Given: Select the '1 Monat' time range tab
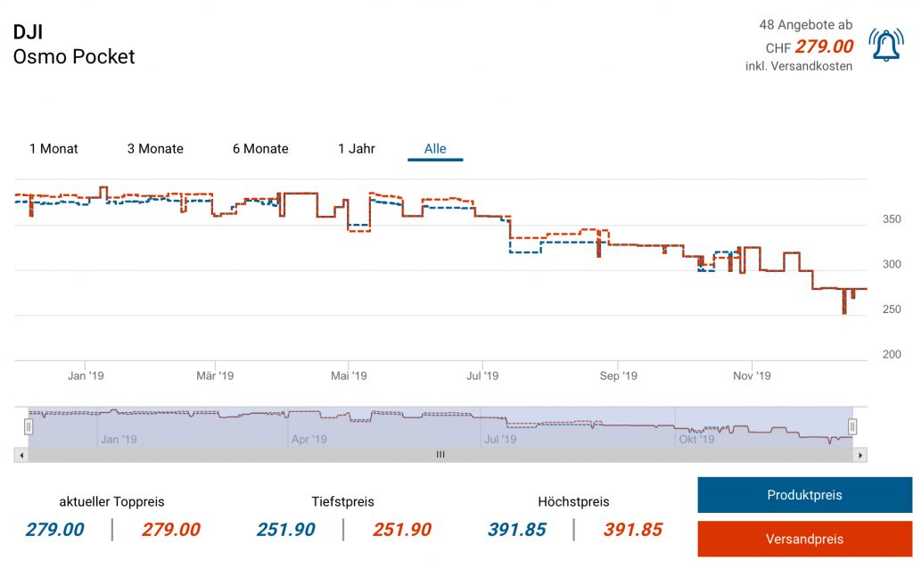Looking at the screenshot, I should point(53,149).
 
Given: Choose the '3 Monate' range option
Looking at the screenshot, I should point(155,149).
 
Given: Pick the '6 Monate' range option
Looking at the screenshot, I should point(260,149).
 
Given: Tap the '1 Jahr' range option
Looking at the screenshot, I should point(357,149).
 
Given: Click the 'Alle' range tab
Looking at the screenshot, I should point(435,149).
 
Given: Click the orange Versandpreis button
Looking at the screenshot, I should point(804,539).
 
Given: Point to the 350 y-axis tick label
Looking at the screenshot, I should point(891,219).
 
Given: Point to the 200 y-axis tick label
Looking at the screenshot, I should point(891,355).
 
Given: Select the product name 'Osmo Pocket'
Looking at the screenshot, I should point(74,57).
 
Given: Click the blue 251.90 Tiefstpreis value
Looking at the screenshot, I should point(285,530).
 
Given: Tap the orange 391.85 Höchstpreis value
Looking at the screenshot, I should point(633,530).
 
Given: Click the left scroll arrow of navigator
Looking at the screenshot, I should point(21,455).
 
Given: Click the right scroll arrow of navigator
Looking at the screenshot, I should point(860,455).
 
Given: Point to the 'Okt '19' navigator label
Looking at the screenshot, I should point(696,439).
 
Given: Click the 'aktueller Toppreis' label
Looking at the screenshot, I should point(111,501).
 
